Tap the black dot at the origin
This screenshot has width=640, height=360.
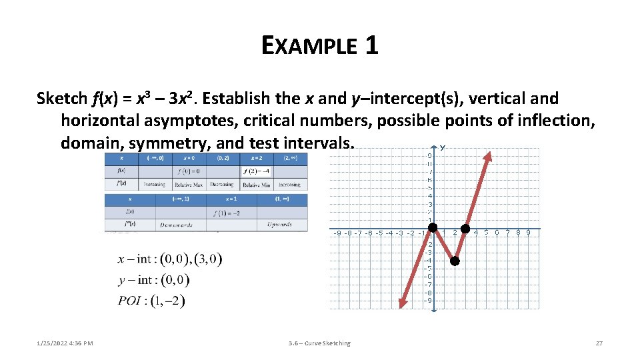[x=432, y=232]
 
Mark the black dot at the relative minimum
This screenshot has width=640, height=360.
[x=455, y=261]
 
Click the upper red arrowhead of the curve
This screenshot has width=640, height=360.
[x=488, y=157]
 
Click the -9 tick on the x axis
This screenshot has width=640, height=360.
[x=339, y=233]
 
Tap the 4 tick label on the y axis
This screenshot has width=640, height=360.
[x=430, y=196]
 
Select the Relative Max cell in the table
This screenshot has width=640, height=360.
[x=189, y=184]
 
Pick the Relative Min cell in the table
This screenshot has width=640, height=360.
[x=256, y=184]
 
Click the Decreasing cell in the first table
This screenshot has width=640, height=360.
[x=221, y=184]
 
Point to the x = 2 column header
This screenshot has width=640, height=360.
[x=256, y=159]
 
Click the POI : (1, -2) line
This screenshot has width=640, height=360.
[x=151, y=301]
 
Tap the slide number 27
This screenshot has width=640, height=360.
[x=599, y=343]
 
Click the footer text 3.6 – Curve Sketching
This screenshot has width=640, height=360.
[x=319, y=343]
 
